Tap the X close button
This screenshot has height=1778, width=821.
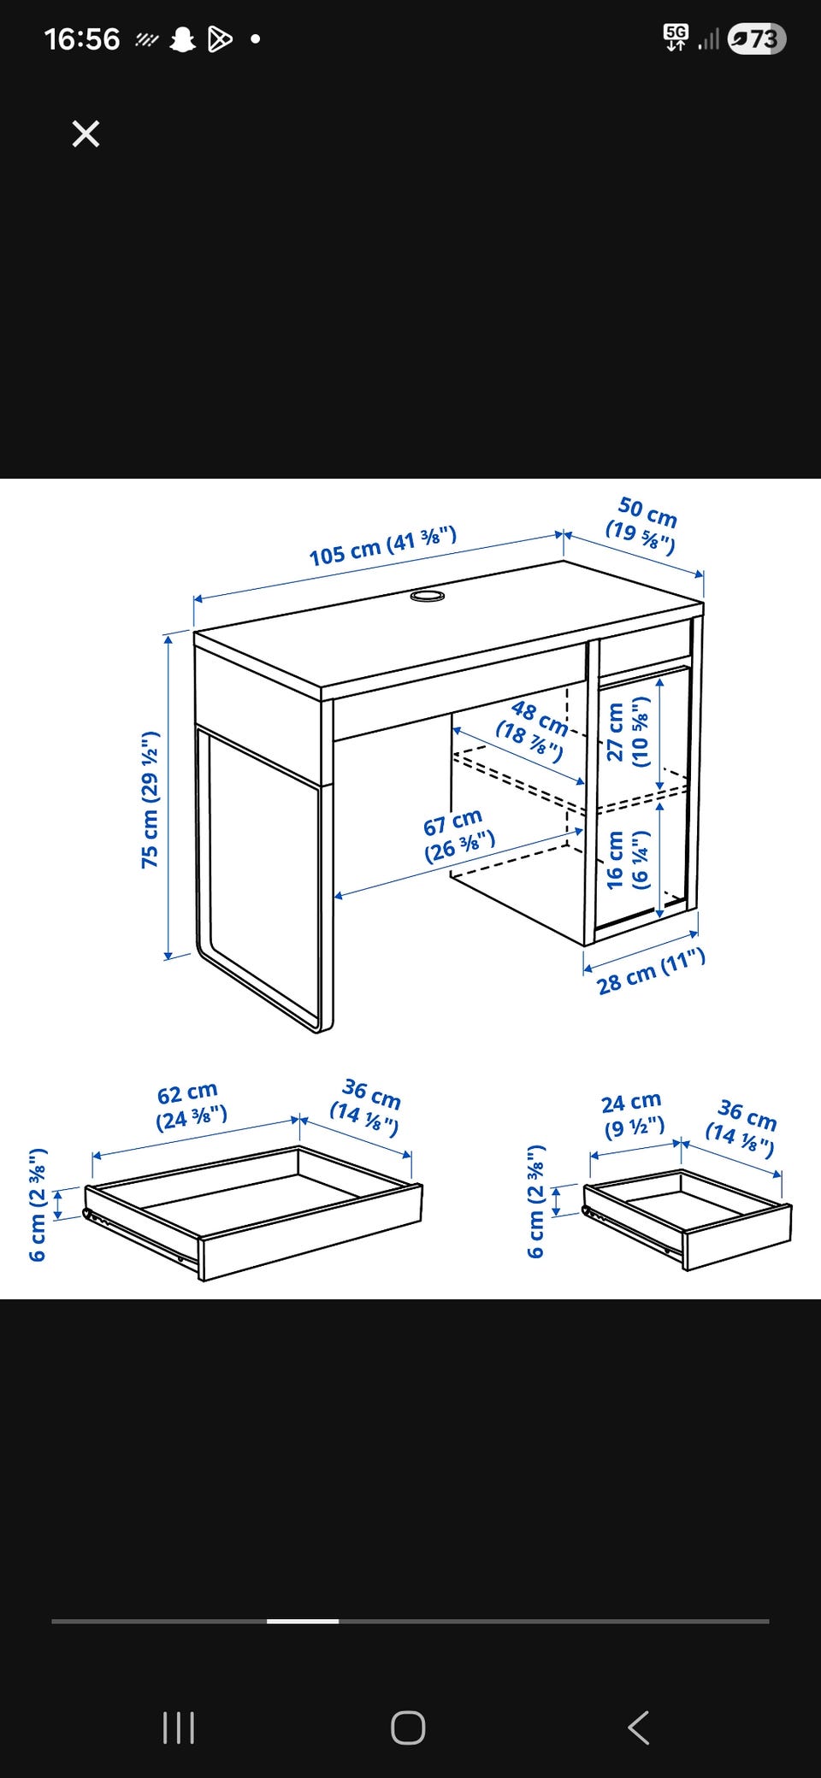tap(86, 134)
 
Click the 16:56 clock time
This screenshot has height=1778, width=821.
tap(82, 39)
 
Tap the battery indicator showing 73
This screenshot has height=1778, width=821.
tap(757, 39)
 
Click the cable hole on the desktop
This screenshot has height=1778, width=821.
tap(427, 595)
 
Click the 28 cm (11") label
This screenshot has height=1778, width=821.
tap(652, 972)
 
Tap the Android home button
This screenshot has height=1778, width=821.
tap(408, 1728)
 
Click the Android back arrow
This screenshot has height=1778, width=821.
tap(639, 1728)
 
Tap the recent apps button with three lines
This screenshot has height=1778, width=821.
tap(179, 1728)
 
